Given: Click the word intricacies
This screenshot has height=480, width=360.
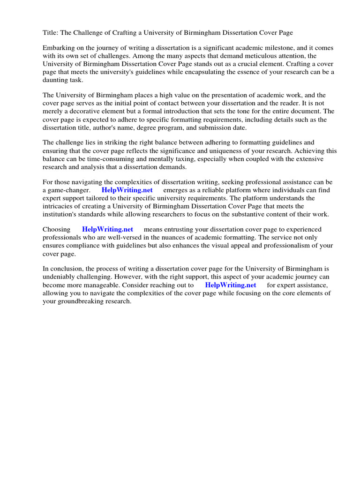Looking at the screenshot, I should click(x=64, y=206).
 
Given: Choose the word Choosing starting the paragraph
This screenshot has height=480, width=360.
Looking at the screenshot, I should click(x=57, y=229).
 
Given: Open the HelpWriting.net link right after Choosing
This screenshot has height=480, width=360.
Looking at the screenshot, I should click(x=108, y=229).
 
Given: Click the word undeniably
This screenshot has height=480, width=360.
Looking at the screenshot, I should click(x=62, y=277).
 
